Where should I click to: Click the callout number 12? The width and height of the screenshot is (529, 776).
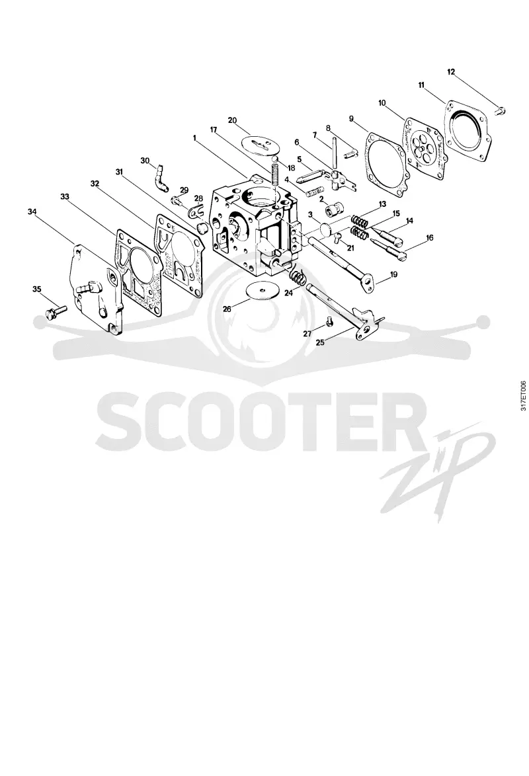tap(451, 72)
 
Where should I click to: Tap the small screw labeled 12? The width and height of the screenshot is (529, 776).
tap(501, 111)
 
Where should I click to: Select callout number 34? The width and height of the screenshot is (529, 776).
tap(32, 212)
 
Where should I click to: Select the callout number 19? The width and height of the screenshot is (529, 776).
tap(394, 274)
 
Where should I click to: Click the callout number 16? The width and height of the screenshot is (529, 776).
tap(429, 237)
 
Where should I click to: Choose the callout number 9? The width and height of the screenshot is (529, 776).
tap(351, 118)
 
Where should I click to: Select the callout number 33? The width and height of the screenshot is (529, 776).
tap(64, 196)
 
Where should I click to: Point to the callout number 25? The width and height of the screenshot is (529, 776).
tap(321, 342)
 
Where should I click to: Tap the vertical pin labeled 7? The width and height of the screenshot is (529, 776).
tap(335, 153)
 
